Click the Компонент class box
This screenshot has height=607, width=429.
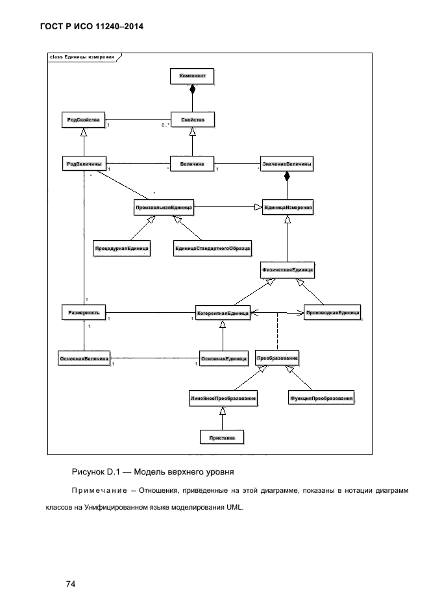(x=192, y=76)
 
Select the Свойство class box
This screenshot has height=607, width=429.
(x=192, y=120)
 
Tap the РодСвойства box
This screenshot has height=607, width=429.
(x=84, y=120)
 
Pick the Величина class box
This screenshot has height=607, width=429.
(x=192, y=164)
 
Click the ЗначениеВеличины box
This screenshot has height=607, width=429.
(x=287, y=164)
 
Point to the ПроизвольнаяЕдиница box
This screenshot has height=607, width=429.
(x=164, y=208)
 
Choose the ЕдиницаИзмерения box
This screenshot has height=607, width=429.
(x=288, y=208)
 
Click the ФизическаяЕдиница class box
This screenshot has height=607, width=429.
(x=288, y=270)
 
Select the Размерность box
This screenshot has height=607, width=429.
(x=84, y=312)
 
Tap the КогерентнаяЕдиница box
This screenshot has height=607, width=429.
(x=223, y=313)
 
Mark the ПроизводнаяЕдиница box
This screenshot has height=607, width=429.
(x=333, y=313)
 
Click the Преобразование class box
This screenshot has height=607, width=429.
(x=277, y=358)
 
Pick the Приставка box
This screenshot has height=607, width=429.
(x=222, y=438)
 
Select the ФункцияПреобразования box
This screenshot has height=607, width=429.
(x=321, y=398)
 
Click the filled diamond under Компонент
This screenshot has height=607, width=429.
(x=192, y=90)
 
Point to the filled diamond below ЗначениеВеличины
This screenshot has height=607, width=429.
(x=287, y=177)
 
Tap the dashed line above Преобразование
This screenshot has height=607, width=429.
(x=277, y=331)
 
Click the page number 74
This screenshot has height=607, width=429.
(x=71, y=584)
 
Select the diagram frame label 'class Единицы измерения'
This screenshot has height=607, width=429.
(x=82, y=57)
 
